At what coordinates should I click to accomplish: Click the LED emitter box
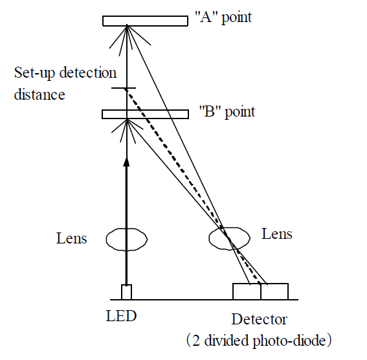126,292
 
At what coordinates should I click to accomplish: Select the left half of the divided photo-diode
247,291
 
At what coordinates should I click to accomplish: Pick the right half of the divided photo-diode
274,291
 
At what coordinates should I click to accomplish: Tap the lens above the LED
127,239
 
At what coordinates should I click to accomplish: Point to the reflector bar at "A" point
145,21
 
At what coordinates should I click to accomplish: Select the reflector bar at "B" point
145,114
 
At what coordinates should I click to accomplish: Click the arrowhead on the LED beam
126,162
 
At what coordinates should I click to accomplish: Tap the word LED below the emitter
121,316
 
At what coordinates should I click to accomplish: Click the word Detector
259,319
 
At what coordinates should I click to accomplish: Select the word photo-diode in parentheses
289,341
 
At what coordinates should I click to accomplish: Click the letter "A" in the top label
206,17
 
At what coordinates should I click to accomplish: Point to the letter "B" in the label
210,111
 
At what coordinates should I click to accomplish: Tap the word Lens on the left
72,238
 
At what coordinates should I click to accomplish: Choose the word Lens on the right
277,234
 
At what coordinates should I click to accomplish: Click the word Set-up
34,73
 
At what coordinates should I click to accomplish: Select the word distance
39,94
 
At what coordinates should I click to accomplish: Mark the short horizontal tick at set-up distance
124,88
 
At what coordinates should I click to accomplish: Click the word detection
88,72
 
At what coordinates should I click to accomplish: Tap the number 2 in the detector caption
196,341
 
